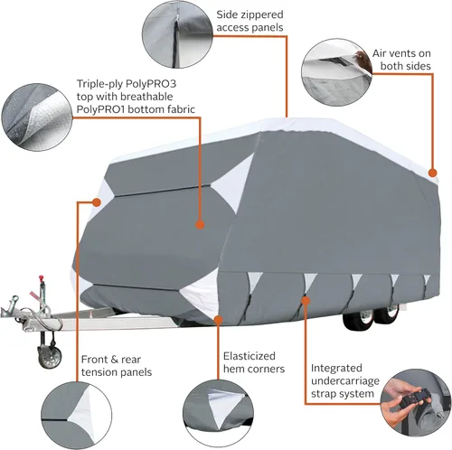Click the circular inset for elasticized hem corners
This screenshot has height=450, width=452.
218,411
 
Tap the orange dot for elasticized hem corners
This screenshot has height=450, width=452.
220,318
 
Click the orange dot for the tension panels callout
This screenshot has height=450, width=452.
94,204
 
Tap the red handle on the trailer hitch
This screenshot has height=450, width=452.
40,273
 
